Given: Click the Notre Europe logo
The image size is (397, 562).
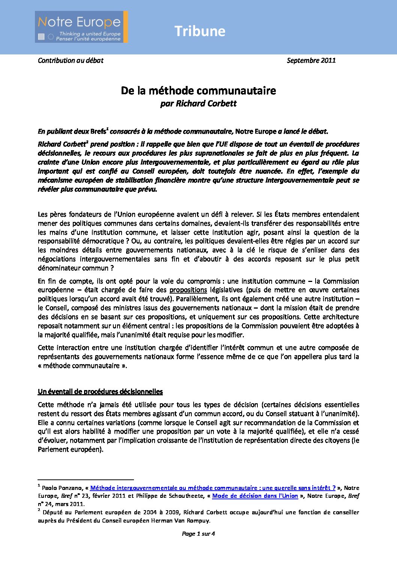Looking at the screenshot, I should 81,27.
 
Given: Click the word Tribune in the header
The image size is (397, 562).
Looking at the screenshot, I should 200,31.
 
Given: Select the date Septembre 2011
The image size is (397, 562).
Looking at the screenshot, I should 311,60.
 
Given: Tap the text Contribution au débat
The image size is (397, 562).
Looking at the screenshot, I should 71,60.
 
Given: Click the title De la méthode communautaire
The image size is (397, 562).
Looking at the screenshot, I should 198,90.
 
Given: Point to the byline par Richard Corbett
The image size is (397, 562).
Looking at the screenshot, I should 198,104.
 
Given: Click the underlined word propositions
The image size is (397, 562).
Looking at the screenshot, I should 188,290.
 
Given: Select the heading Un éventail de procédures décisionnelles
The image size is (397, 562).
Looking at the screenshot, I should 100,392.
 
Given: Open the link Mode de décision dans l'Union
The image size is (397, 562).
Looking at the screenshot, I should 255,496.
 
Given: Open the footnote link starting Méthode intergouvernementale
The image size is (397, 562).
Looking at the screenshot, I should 213,488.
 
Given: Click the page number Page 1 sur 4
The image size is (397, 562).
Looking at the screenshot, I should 198,533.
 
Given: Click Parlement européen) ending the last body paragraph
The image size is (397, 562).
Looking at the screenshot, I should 71,449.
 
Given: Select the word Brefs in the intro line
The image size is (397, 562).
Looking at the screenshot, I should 98,131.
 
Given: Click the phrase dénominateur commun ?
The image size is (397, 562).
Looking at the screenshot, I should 76,268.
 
